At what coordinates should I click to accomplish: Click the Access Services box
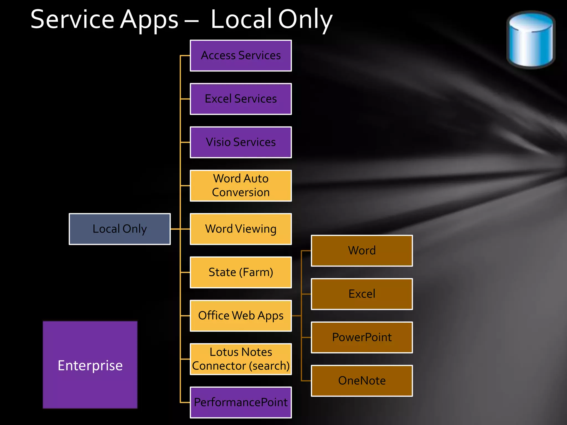tap(241, 56)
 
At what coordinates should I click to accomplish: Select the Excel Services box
tap(241, 99)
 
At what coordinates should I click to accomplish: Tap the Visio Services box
tap(241, 142)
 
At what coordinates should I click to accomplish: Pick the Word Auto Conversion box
tap(241, 185)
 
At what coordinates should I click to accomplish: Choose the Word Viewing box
tap(241, 229)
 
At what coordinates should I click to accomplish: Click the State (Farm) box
tap(241, 272)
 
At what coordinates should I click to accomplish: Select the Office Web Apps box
tap(241, 316)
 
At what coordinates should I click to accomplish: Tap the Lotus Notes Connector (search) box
tap(241, 359)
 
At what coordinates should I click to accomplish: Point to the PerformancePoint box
tap(241, 402)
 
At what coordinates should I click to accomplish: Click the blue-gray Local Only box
tap(120, 229)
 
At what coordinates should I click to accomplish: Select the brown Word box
tap(362, 251)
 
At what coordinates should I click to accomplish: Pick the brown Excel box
tap(362, 294)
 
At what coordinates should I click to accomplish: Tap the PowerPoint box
tap(362, 337)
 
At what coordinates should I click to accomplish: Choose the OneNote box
tap(362, 381)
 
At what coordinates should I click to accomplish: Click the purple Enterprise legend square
tap(90, 365)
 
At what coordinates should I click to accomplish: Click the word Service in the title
tap(72, 19)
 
